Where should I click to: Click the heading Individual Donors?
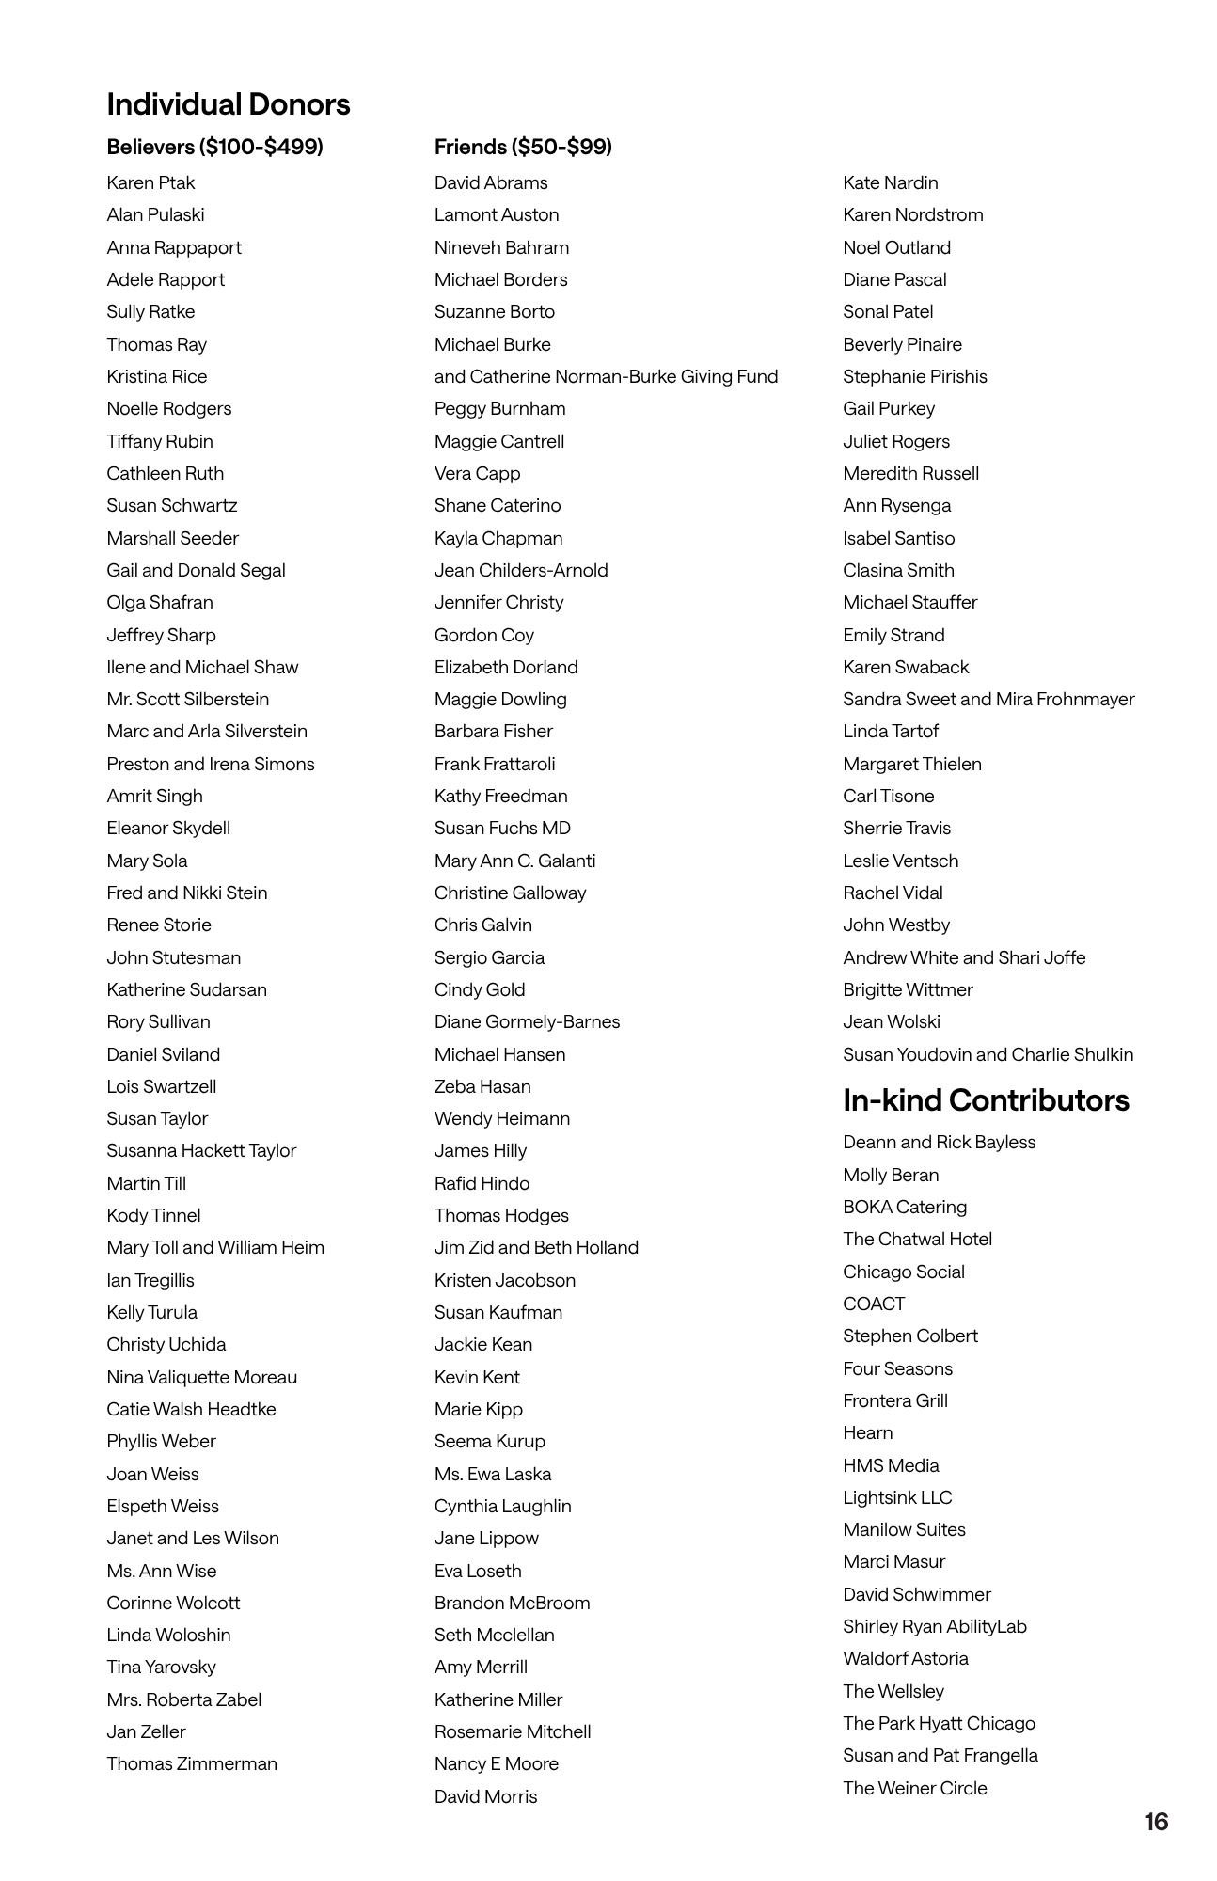(229, 104)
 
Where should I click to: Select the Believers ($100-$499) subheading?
(214, 147)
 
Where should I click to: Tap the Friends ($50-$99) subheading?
(523, 147)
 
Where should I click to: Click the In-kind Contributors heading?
(986, 1100)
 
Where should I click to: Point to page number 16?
(1156, 1822)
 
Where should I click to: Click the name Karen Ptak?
(150, 182)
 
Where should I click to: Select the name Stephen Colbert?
(909, 1336)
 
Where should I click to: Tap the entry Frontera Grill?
(894, 1400)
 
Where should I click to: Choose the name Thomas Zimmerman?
(192, 1763)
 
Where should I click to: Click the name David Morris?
(485, 1796)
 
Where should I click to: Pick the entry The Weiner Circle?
(914, 1788)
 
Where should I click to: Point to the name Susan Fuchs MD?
(502, 828)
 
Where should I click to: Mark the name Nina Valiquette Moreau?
(201, 1377)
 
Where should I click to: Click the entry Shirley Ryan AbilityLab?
(934, 1626)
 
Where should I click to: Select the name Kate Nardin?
(890, 182)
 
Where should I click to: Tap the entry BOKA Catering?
(904, 1207)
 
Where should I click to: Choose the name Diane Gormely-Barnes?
(527, 1021)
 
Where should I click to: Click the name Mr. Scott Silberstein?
(187, 699)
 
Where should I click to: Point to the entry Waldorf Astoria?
(905, 1658)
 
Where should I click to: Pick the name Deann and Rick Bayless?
(939, 1142)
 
